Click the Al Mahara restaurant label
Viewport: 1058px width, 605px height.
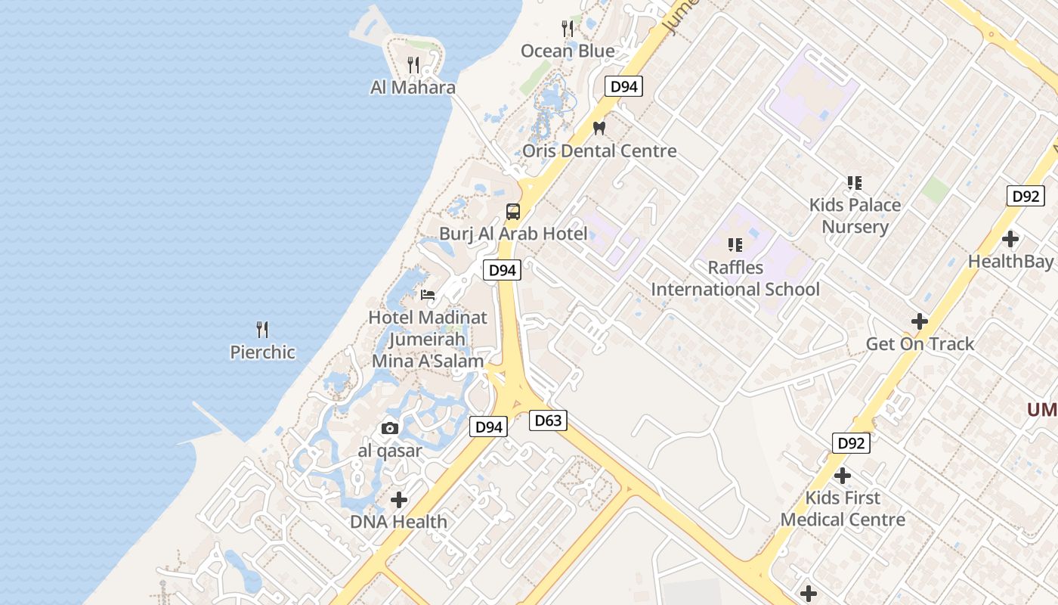413,87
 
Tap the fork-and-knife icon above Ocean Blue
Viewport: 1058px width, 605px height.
568,29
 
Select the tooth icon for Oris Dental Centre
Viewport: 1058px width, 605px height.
599,129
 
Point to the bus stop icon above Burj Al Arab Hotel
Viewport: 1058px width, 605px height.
513,211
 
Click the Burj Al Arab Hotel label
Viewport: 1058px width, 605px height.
513,234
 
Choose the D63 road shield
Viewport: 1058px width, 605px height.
548,420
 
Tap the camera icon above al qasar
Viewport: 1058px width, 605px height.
390,429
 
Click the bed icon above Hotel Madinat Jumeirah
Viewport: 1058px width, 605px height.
428,295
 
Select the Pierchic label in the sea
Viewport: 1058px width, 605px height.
262,352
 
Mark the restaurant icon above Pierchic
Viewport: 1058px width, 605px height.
262,330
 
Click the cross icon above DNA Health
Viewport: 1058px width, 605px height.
398,500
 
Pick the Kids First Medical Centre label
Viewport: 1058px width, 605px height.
843,509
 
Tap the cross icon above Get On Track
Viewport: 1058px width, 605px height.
919,321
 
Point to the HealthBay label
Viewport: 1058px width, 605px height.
1010,262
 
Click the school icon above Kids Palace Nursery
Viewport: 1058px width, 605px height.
855,182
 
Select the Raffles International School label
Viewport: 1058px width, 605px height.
735,278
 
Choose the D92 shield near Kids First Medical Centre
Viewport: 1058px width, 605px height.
851,443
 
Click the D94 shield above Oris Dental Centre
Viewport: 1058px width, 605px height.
624,86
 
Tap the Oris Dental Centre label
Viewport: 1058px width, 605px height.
599,150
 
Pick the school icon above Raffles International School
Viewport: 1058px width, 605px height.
735,245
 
